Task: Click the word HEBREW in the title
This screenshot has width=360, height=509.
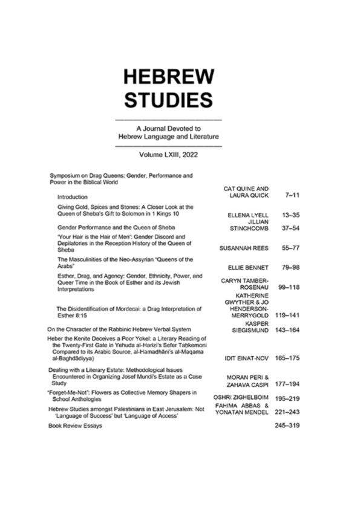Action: click(168, 77)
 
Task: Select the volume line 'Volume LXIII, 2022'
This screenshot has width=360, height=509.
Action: click(168, 155)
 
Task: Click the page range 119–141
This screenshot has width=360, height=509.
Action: click(284, 316)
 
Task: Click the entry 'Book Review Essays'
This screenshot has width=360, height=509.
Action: click(75, 426)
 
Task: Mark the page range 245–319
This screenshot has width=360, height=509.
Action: click(284, 426)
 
